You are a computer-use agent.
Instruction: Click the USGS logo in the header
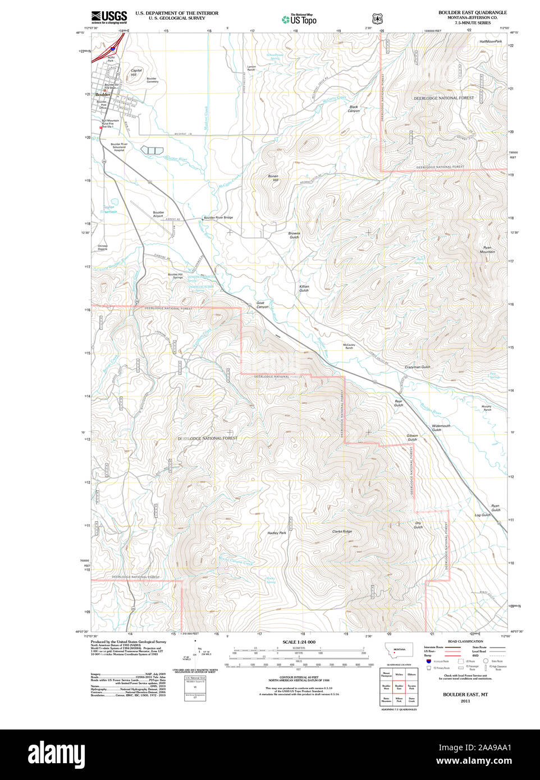click(x=109, y=17)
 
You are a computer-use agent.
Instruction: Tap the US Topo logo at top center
click(x=299, y=20)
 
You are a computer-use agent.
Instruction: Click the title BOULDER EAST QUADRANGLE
click(x=472, y=12)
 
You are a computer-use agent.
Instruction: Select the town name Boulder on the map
click(x=103, y=95)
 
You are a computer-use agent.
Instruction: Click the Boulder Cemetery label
click(x=152, y=80)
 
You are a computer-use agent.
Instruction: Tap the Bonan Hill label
click(x=273, y=178)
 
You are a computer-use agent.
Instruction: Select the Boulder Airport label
click(x=158, y=214)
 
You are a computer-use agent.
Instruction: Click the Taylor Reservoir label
click(x=108, y=209)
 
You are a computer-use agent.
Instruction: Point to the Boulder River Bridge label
click(x=218, y=217)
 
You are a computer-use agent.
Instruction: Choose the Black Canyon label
click(x=353, y=109)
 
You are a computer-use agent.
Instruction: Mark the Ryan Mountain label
click(x=487, y=250)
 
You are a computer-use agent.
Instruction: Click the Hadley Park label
click(x=277, y=533)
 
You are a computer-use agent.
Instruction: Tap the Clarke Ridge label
click(x=342, y=531)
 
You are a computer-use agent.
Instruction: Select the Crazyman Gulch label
click(x=417, y=367)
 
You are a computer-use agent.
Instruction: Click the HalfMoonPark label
click(x=491, y=42)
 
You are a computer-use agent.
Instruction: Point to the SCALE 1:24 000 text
click(x=299, y=642)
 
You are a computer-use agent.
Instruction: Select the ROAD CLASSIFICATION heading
click(x=465, y=641)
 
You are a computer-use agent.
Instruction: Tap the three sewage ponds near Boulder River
click(x=152, y=150)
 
